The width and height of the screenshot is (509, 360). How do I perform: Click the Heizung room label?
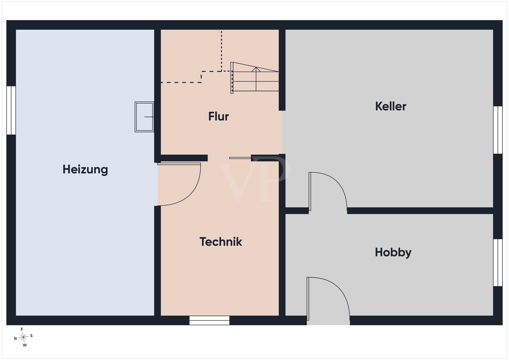click(x=85, y=170)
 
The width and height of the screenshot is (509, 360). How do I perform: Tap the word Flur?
click(x=219, y=116)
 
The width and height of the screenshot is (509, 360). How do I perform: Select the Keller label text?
click(x=391, y=106)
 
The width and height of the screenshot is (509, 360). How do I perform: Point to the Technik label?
click(x=221, y=242)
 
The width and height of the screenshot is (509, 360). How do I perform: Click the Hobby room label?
click(x=393, y=252)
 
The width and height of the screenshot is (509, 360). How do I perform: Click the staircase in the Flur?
click(x=255, y=78)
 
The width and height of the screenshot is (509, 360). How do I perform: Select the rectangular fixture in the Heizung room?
click(x=144, y=117)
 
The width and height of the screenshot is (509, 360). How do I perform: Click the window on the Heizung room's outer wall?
click(x=11, y=110)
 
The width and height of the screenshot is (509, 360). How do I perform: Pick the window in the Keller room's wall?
click(x=498, y=130)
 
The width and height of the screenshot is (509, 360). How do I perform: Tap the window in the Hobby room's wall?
click(x=498, y=263)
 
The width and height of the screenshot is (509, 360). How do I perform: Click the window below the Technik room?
click(x=209, y=320)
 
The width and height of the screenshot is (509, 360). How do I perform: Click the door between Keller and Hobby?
click(x=328, y=192)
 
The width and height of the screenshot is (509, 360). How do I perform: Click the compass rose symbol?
click(x=23, y=337)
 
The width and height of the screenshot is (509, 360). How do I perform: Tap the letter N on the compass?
click(x=16, y=339)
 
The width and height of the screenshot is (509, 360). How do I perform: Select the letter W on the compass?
click(x=25, y=345)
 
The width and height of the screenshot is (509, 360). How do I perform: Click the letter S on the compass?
click(x=31, y=336)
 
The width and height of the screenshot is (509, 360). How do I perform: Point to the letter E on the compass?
click(x=22, y=329)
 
